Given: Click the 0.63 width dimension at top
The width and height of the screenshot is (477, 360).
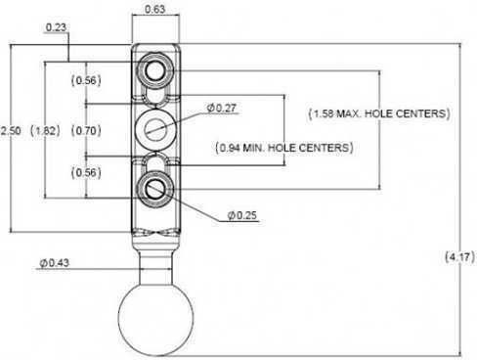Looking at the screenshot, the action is (x=154, y=9).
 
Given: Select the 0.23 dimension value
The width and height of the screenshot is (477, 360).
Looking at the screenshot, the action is (x=56, y=27).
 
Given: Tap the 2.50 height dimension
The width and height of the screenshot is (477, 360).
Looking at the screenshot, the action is (x=11, y=131).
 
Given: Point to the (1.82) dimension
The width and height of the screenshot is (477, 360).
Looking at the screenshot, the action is (x=45, y=131).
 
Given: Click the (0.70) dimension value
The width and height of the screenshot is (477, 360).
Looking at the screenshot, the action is (x=86, y=131).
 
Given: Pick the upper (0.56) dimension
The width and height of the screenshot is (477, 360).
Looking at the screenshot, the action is (x=86, y=80).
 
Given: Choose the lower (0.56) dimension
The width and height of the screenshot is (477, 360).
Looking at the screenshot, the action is (x=86, y=172).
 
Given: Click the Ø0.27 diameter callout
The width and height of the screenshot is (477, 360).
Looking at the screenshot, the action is (x=222, y=108).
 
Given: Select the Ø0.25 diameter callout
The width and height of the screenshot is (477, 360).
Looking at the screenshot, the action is (x=242, y=215).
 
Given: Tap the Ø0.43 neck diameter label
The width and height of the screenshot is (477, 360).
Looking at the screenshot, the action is (x=55, y=262).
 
